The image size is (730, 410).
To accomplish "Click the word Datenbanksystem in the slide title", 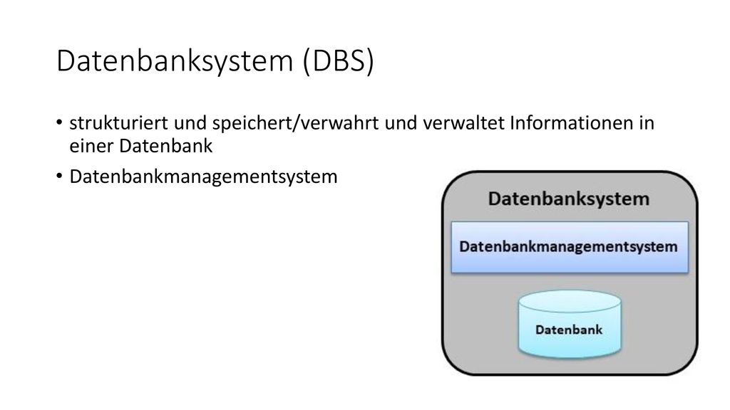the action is (175, 61).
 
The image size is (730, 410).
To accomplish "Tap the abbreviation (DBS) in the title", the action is (339, 61).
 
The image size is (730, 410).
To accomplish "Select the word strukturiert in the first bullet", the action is (119, 123).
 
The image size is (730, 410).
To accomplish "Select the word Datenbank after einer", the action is (165, 146).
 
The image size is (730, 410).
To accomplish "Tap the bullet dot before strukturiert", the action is (59, 122).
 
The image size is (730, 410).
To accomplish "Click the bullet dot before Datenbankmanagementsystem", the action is (59, 177).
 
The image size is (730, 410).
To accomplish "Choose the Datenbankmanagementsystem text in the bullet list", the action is (203, 177).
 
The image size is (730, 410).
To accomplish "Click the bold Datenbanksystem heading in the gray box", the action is (568, 199).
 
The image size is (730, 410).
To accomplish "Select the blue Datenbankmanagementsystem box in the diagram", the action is (570, 247).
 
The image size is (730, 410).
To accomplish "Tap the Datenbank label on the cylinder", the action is (569, 330).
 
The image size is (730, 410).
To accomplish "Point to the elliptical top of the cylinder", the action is (570, 301).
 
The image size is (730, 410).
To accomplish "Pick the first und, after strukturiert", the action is (190, 123).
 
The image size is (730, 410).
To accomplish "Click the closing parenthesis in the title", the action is (370, 61).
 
